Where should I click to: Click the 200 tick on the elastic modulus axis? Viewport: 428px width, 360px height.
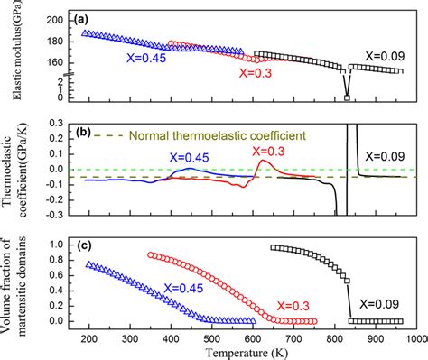tap(55, 19)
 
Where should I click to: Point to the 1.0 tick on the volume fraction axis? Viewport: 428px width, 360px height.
tap(56, 245)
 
